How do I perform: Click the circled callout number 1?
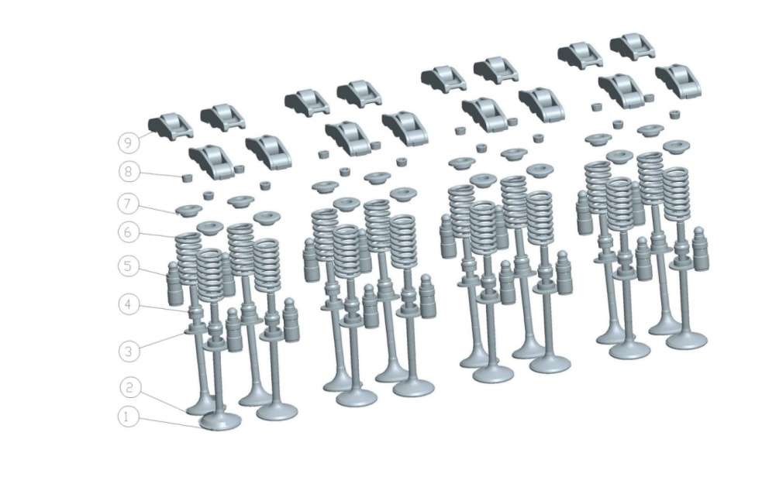[x=128, y=417]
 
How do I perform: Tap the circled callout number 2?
[x=129, y=388]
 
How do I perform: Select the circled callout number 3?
[x=129, y=351]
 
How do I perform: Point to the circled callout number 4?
[x=129, y=305]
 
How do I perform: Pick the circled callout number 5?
[x=129, y=266]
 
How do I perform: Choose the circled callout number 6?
[x=128, y=232]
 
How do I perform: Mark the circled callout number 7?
[x=128, y=204]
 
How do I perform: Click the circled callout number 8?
[x=129, y=172]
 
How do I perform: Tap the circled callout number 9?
[x=129, y=142]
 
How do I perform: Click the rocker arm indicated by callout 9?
[x=170, y=125]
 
